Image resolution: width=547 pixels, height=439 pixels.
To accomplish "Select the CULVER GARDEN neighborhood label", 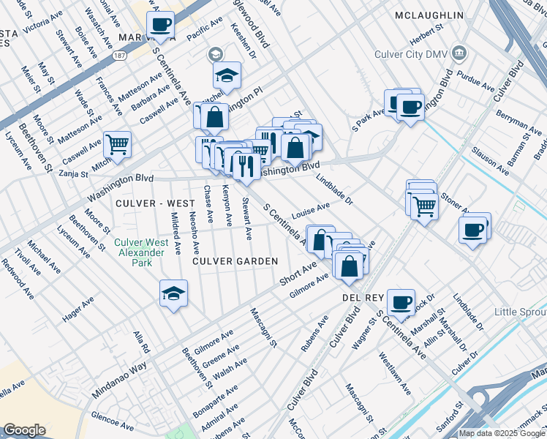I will (x=235, y=260).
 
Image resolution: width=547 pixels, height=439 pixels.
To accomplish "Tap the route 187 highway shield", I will (x=119, y=54).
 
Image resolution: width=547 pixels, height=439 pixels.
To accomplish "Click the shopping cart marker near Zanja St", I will (x=117, y=144).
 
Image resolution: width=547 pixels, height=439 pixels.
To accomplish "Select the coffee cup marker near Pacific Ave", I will (x=160, y=23).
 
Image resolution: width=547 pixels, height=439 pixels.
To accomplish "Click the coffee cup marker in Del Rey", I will (x=400, y=301).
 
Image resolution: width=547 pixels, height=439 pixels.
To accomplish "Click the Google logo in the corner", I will (x=24, y=430).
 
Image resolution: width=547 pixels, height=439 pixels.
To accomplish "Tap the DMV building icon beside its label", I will (x=459, y=53).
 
